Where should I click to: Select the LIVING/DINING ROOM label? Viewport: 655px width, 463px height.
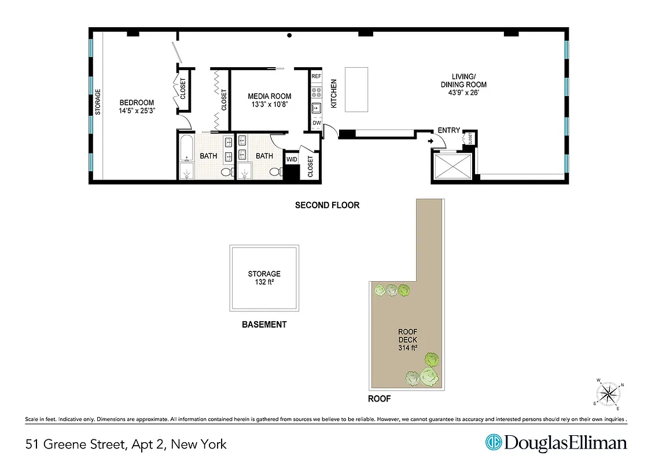pyautogui.click(x=463, y=84)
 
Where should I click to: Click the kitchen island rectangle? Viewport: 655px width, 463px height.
pyautogui.click(x=356, y=89)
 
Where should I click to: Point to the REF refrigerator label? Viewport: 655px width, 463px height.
pyautogui.click(x=316, y=76)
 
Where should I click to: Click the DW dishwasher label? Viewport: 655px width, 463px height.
pyautogui.click(x=316, y=123)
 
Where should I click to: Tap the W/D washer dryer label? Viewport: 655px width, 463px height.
pyautogui.click(x=292, y=159)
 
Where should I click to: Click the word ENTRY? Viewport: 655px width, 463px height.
pyautogui.click(x=448, y=131)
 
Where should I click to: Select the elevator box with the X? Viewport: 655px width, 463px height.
pyautogui.click(x=452, y=167)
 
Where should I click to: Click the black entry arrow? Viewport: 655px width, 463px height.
pyautogui.click(x=430, y=141)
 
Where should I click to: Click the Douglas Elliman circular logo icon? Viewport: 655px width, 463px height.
pyautogui.click(x=494, y=443)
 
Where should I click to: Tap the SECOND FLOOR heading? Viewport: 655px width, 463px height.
pyautogui.click(x=327, y=205)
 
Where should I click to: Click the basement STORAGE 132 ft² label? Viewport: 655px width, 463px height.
pyautogui.click(x=264, y=278)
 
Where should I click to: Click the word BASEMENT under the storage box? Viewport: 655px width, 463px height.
pyautogui.click(x=264, y=325)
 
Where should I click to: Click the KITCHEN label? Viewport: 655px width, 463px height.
pyautogui.click(x=334, y=94)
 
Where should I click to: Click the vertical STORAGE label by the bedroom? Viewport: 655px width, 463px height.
pyautogui.click(x=98, y=101)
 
